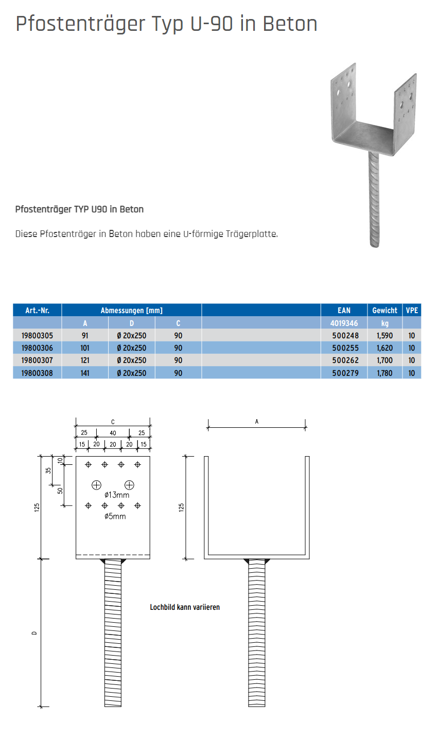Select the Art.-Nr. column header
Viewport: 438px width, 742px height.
pyautogui.click(x=37, y=311)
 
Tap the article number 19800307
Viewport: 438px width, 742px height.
pyautogui.click(x=37, y=360)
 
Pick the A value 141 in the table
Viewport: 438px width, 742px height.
pyautogui.click(x=85, y=373)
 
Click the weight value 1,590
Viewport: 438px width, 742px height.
pyautogui.click(x=384, y=335)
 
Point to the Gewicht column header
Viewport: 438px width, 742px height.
pyautogui.click(x=384, y=311)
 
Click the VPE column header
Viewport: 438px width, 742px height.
pyautogui.click(x=412, y=311)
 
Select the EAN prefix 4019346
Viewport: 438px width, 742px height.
pyautogui.click(x=344, y=323)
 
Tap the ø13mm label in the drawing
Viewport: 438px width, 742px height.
pyautogui.click(x=117, y=495)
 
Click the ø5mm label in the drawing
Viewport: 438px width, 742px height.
pyautogui.click(x=115, y=516)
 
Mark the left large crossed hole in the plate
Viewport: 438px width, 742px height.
pyautogui.click(x=96, y=484)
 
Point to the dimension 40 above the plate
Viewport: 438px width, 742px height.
pyautogui.click(x=113, y=433)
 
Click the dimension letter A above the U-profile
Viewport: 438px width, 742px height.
pyautogui.click(x=257, y=422)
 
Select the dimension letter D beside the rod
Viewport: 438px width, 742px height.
pyautogui.click(x=34, y=633)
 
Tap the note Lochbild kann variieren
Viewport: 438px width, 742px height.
pyautogui.click(x=185, y=607)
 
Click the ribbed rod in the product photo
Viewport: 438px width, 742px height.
pyautogui.click(x=374, y=201)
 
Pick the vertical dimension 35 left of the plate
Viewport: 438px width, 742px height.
pyautogui.click(x=49, y=470)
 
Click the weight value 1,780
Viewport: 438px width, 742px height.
pyautogui.click(x=384, y=373)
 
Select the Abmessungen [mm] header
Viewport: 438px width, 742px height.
pyautogui.click(x=131, y=311)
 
